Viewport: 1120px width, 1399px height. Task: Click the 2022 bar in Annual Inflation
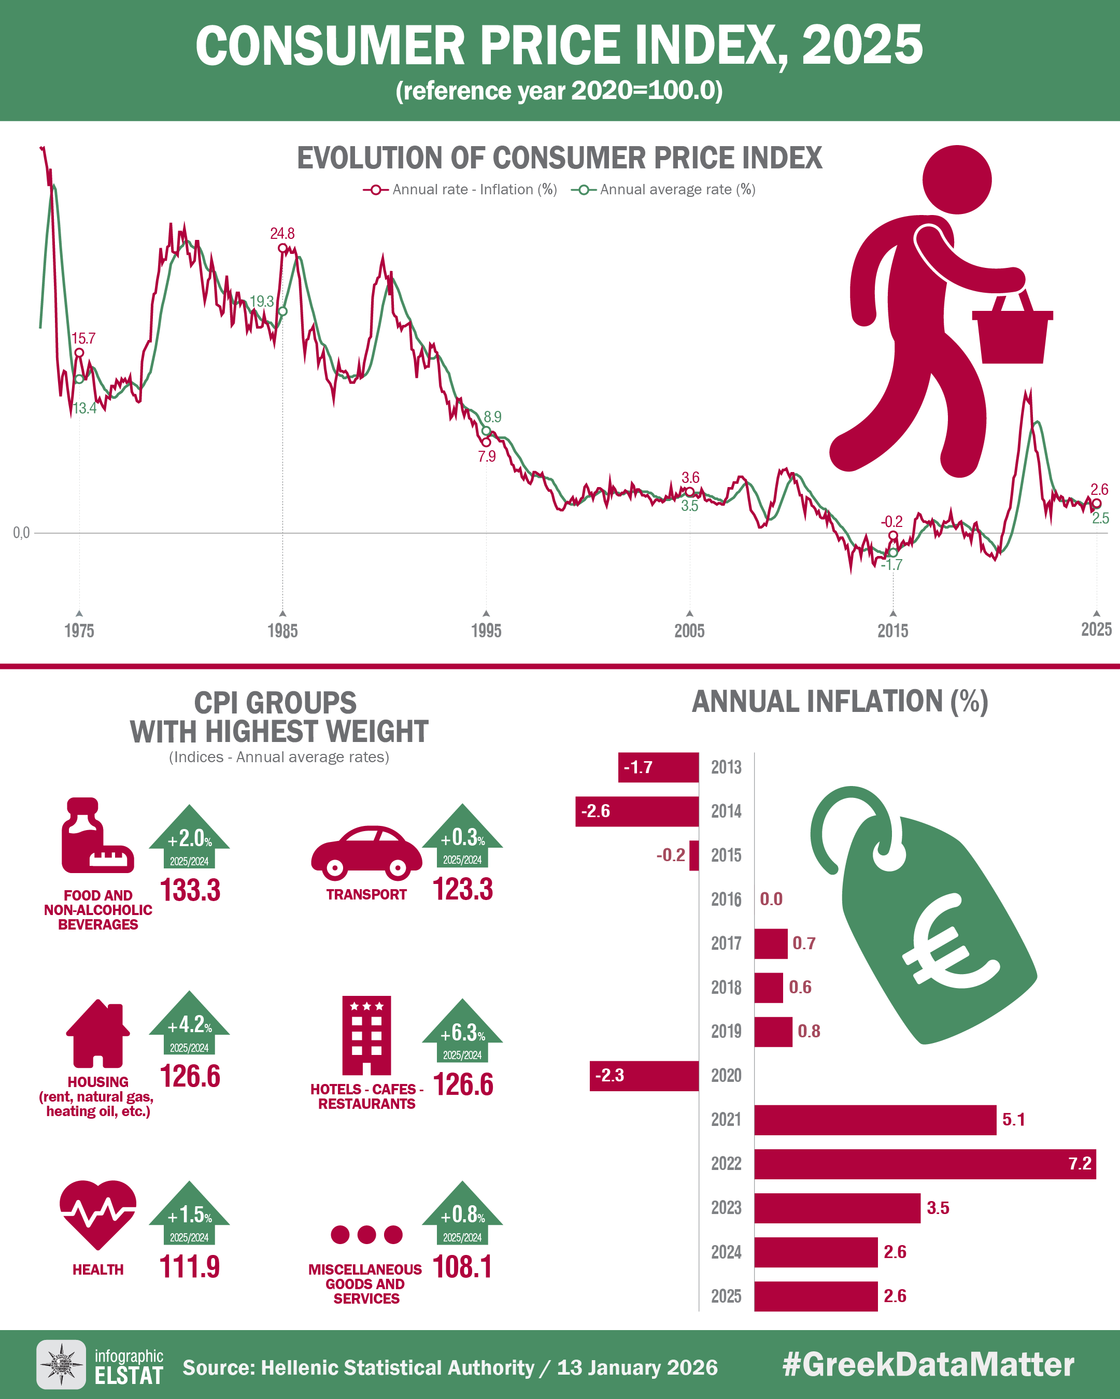(x=924, y=1163)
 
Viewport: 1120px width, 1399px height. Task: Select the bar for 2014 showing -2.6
(x=636, y=811)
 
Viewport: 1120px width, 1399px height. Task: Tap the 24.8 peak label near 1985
(x=282, y=233)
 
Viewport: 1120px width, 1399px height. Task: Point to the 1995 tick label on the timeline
(x=486, y=630)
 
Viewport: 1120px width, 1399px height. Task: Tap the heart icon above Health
(x=98, y=1214)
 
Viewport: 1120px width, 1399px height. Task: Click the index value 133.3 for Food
(x=190, y=890)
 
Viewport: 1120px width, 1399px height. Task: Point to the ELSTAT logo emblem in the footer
(x=61, y=1365)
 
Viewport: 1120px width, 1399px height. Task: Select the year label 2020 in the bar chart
(x=726, y=1076)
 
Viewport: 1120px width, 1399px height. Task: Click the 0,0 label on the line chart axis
(x=21, y=533)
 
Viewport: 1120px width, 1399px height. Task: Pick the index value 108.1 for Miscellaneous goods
(x=462, y=1267)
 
